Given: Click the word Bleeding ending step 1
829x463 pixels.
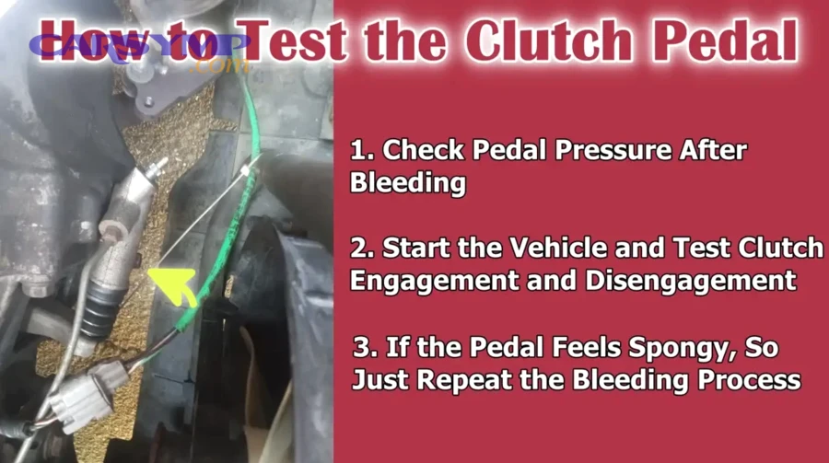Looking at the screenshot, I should click(x=408, y=182).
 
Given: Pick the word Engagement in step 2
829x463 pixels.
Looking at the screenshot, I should click(x=429, y=279).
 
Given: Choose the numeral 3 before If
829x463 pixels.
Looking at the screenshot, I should click(x=362, y=349).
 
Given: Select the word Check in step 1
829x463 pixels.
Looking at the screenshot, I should click(x=414, y=149).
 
